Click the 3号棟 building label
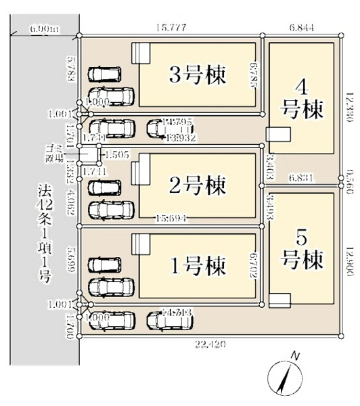pos(198,72)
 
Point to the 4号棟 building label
pos(302,98)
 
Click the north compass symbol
pos(287,374)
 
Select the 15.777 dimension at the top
pos(170,28)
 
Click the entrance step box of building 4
pos(277,134)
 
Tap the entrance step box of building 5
pos(279,300)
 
